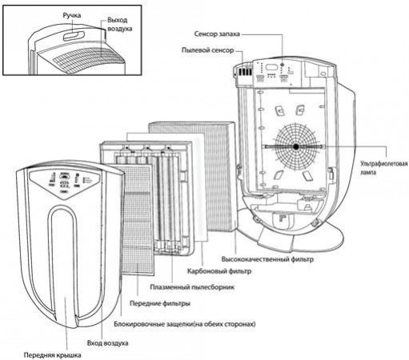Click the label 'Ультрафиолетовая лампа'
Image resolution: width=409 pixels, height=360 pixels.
tap(383, 167)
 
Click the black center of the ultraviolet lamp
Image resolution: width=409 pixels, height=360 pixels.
tap(295, 147)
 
